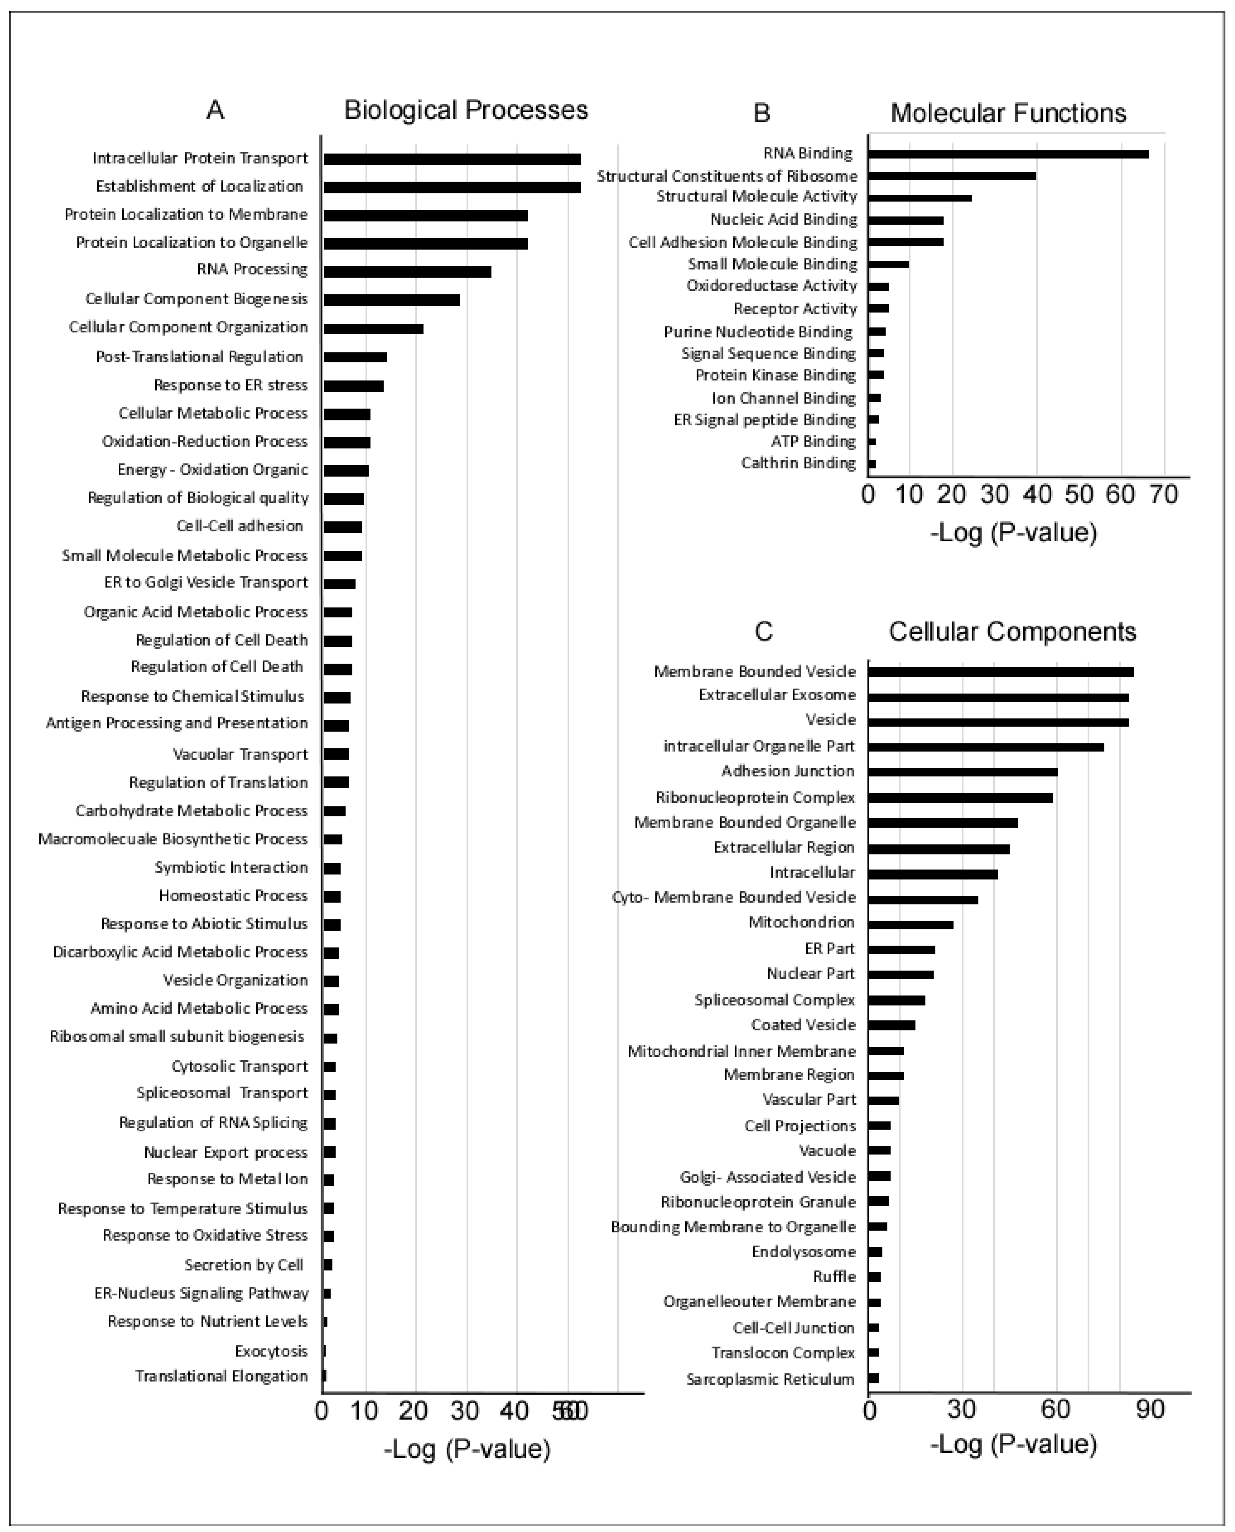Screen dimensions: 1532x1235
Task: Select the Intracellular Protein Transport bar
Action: tap(452, 159)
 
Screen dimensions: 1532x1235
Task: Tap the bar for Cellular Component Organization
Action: tap(374, 329)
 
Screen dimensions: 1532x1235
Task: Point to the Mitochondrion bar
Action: tap(911, 924)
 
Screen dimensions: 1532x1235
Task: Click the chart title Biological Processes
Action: tap(466, 110)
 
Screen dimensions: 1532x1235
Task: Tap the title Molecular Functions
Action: tap(1008, 113)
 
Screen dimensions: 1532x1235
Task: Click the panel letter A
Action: tap(215, 110)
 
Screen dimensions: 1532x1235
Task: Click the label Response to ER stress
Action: tap(231, 385)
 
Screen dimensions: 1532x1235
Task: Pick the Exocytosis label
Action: tap(271, 1351)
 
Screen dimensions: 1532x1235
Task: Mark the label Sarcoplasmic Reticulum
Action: tap(770, 1379)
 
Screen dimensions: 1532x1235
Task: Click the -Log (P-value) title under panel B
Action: tap(1013, 533)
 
